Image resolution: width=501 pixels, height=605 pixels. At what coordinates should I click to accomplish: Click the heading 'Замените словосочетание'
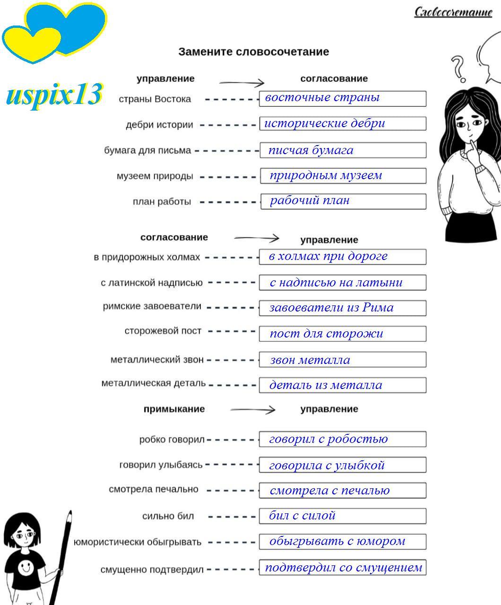coord(253,52)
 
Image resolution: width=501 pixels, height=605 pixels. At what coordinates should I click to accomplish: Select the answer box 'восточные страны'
coord(343,98)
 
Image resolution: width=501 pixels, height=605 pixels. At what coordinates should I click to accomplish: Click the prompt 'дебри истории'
coord(159,125)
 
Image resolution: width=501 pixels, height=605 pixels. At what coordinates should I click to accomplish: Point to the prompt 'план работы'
coord(162,202)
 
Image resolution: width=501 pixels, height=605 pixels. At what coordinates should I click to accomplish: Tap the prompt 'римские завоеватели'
coord(152,306)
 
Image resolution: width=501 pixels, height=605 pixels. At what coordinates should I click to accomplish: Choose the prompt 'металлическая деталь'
coord(153,383)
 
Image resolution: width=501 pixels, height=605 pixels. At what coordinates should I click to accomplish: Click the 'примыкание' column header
coord(174,409)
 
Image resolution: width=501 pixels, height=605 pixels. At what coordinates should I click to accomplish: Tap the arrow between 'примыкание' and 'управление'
coord(252,410)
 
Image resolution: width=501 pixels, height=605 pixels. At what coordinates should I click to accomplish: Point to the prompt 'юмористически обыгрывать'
coord(137,542)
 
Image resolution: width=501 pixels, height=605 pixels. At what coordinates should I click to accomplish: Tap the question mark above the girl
coord(458,69)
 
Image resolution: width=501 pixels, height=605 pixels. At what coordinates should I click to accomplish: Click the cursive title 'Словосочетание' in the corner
coord(453,11)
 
